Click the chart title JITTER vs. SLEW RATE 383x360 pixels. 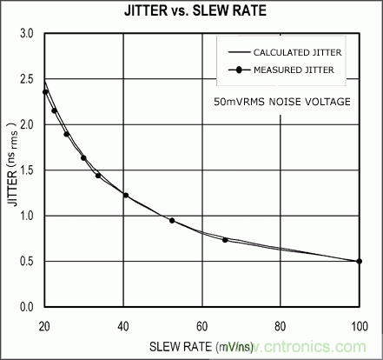(191, 12)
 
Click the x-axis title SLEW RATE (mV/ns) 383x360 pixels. (201, 345)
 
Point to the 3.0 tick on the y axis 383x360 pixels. (27, 33)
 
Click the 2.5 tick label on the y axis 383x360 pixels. (27, 79)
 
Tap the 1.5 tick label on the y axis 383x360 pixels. (27, 170)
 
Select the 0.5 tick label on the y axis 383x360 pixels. (27, 262)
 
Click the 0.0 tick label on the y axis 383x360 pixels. (27, 307)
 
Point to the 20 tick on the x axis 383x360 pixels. (44, 325)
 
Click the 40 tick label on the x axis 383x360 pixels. (122, 325)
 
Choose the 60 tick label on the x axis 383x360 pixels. (201, 325)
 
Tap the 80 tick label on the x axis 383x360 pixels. (281, 325)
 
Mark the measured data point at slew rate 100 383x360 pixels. (359, 261)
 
